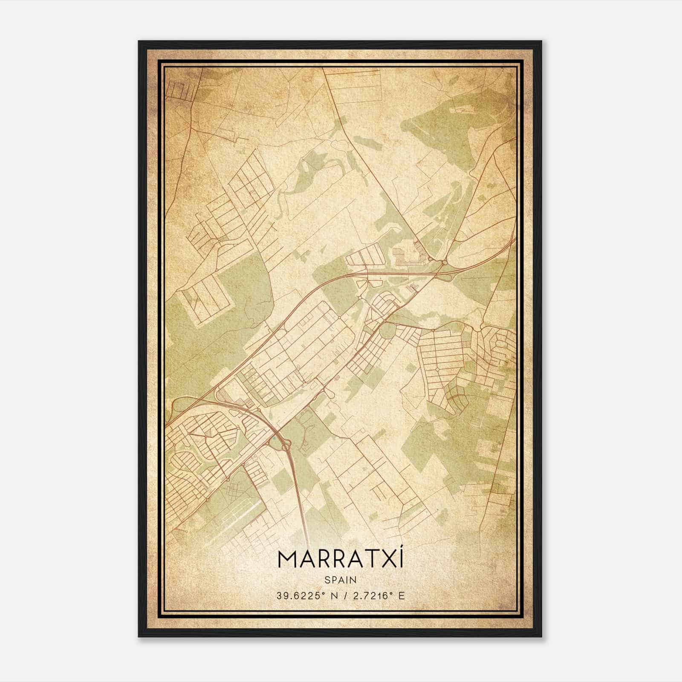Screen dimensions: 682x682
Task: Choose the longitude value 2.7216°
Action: click(x=368, y=596)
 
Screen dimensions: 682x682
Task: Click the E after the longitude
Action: click(x=401, y=596)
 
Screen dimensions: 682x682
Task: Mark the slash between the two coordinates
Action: click(x=343, y=596)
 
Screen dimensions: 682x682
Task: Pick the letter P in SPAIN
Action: click(x=331, y=580)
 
